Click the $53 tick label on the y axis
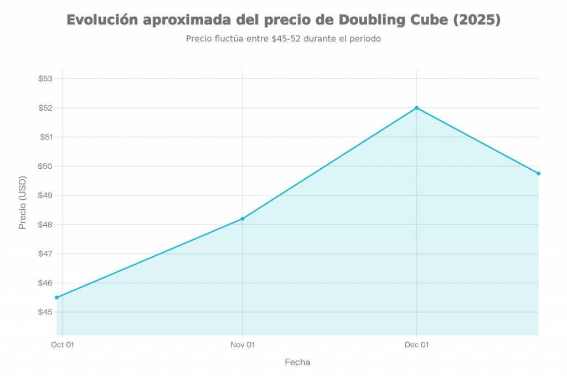[x=45, y=79]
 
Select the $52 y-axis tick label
[x=45, y=107]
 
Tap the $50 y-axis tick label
[x=45, y=166]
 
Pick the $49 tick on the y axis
[x=45, y=195]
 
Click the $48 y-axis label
[x=45, y=225]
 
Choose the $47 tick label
[x=45, y=253]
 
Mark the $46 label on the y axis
[x=45, y=283]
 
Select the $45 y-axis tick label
[x=45, y=312]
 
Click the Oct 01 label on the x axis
[x=62, y=345]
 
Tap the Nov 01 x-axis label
[x=243, y=345]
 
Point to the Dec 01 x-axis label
[x=416, y=345]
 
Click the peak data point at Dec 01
[x=416, y=107]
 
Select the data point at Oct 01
[x=57, y=297]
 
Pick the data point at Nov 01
[x=243, y=217]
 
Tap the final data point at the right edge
[x=538, y=173]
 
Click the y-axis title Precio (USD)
[x=23, y=203]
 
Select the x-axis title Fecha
[x=297, y=363]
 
